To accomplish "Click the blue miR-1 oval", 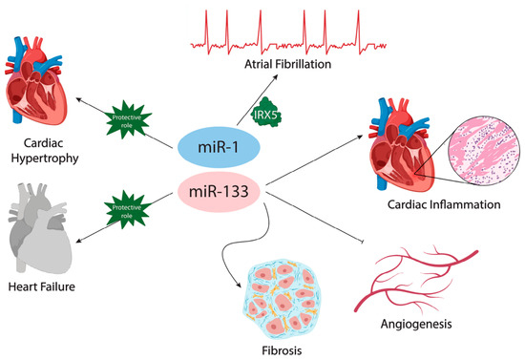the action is (219, 147).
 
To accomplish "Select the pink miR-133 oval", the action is (219, 192).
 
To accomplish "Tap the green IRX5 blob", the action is (266, 113).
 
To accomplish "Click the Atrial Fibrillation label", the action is (287, 64).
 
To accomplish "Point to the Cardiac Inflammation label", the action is (444, 204).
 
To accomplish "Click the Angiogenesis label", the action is (416, 324).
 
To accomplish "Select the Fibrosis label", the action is (282, 350).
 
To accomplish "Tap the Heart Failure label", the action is (41, 286).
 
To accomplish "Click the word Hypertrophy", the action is (45, 159).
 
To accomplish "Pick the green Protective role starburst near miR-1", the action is (127, 120).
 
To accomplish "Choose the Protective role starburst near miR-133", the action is (127, 210).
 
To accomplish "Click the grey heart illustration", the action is (39, 227).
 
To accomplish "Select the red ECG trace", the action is (288, 32).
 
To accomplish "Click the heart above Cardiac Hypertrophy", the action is (36, 80).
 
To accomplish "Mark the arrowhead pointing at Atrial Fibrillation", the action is (275, 76).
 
